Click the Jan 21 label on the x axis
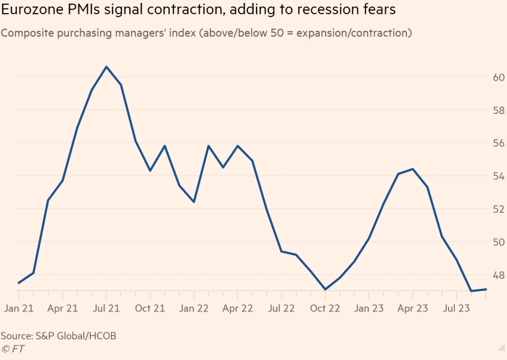[19, 308]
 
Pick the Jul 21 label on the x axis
[107, 308]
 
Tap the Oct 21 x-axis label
[150, 308]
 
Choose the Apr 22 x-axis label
[238, 308]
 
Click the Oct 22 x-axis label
[326, 308]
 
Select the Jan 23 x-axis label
[369, 308]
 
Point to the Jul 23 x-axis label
[457, 308]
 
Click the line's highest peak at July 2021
[107, 67]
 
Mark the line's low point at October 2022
[326, 290]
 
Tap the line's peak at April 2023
[413, 169]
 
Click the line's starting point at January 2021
[19, 283]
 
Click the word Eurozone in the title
[32, 12]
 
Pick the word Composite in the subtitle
[28, 33]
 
